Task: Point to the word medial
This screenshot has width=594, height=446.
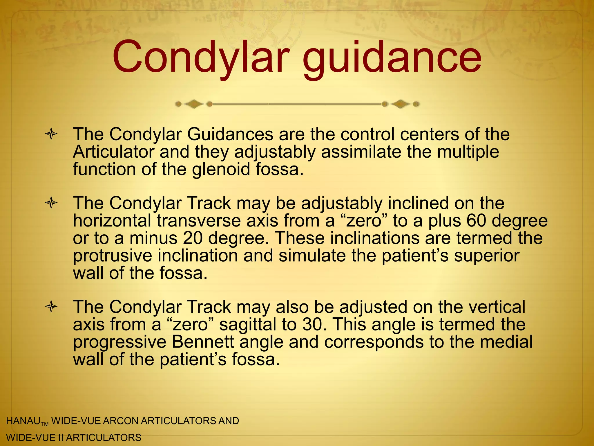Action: click(x=506, y=342)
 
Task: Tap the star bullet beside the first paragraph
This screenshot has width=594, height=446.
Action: click(x=51, y=135)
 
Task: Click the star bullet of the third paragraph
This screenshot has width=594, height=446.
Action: click(x=51, y=307)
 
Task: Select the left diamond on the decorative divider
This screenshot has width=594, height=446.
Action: click(x=194, y=104)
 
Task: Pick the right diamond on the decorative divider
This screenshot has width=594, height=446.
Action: click(x=401, y=104)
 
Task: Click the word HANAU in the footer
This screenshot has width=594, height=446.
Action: click(x=23, y=421)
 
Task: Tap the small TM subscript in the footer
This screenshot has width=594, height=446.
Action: click(x=45, y=425)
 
